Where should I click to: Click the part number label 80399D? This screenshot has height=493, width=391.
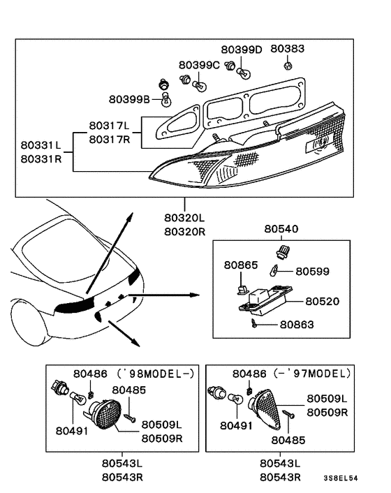coord(242,50)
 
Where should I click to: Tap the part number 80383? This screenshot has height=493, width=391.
coord(288,50)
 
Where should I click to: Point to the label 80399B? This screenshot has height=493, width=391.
coord(129,99)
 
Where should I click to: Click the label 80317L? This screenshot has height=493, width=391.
coord(109,126)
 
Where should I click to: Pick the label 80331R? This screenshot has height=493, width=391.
coord(40,159)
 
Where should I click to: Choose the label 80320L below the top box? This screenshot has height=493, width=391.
coord(184,219)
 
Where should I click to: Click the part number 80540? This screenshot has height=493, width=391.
coord(280,228)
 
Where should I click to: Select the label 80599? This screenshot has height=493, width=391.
coord(313,271)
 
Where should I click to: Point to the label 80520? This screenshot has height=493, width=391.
coord(322,302)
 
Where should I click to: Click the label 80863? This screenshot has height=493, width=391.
coord(297,324)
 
